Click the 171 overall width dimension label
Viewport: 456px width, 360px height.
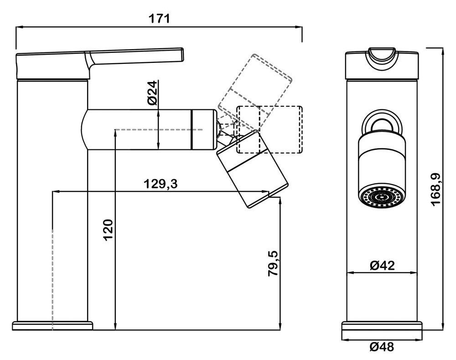click(159, 19)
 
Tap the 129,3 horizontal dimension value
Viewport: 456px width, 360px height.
click(161, 184)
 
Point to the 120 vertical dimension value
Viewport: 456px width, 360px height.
click(108, 230)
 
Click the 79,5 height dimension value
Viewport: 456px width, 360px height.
click(272, 263)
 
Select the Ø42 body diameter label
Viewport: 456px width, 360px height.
click(382, 265)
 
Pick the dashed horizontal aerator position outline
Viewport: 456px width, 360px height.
click(269, 129)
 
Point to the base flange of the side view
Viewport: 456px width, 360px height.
click(52, 325)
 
